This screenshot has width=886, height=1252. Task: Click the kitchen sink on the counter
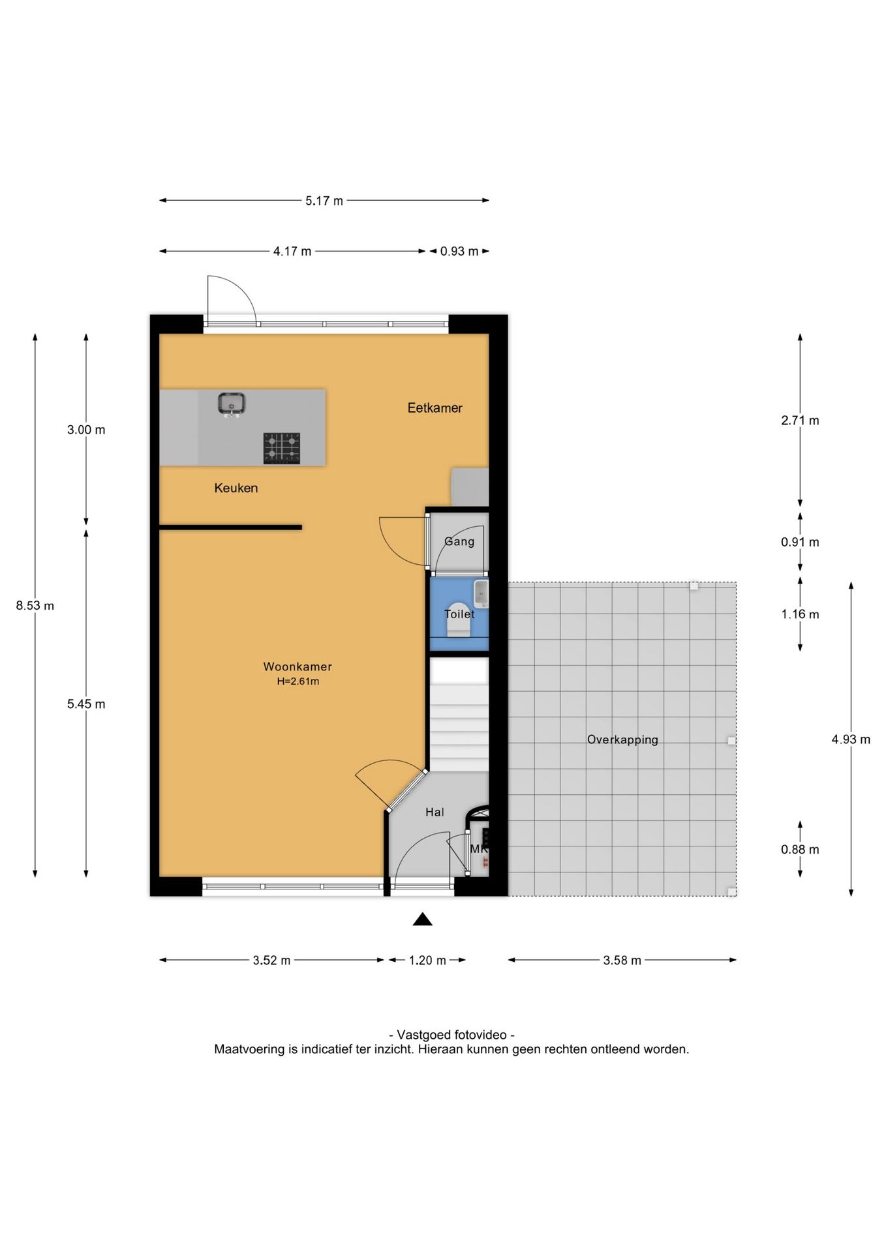(x=231, y=404)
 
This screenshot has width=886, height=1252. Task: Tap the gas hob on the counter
(x=282, y=448)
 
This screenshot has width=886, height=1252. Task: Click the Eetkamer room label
(x=435, y=408)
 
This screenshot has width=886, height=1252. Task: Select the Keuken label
(x=236, y=488)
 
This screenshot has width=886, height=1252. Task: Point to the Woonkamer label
(x=298, y=666)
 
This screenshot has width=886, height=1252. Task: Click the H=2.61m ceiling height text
(x=298, y=681)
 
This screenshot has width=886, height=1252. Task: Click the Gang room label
(x=459, y=541)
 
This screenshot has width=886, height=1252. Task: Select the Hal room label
(x=435, y=812)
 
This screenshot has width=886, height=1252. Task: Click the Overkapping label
(x=622, y=739)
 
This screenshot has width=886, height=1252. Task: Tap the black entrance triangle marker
(x=423, y=919)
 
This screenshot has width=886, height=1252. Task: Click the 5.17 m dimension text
(x=324, y=201)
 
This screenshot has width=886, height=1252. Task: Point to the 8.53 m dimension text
(x=35, y=605)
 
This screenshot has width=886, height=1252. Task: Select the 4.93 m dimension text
(x=851, y=739)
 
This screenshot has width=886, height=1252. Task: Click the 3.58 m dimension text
(x=622, y=960)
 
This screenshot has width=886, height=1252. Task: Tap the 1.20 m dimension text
(x=428, y=960)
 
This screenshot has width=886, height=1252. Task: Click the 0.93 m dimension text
(x=459, y=251)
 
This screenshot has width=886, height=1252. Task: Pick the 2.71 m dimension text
(x=800, y=421)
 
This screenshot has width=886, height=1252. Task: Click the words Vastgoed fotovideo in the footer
(x=451, y=1034)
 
